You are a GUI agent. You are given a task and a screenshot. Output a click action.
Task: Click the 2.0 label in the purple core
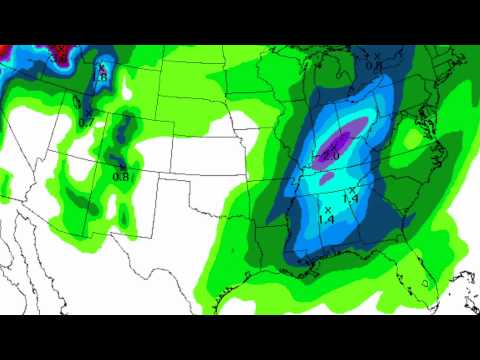331,156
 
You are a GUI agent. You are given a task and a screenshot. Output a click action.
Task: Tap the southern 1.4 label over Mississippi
326,219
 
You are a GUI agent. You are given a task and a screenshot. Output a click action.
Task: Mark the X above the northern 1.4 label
352,189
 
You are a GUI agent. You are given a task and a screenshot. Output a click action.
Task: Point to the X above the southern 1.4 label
328,209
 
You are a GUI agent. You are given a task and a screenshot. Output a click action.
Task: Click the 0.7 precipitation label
86,123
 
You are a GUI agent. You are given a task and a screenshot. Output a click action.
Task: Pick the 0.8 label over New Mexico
120,176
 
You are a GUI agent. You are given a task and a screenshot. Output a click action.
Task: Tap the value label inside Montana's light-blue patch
100,75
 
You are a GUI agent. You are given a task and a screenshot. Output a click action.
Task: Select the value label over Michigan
372,66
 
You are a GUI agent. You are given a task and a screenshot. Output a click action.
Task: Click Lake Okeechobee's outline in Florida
424,283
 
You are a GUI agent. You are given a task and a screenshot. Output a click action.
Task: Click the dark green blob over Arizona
85,195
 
